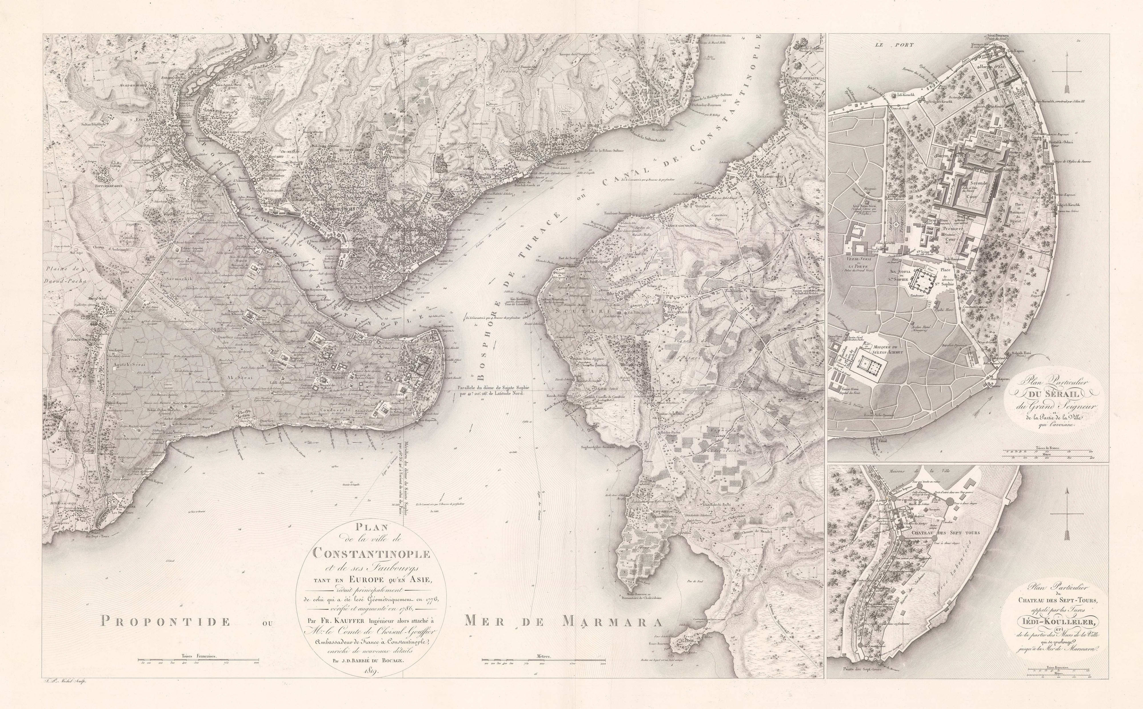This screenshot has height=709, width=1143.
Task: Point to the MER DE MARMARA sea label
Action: click(x=563, y=622)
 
